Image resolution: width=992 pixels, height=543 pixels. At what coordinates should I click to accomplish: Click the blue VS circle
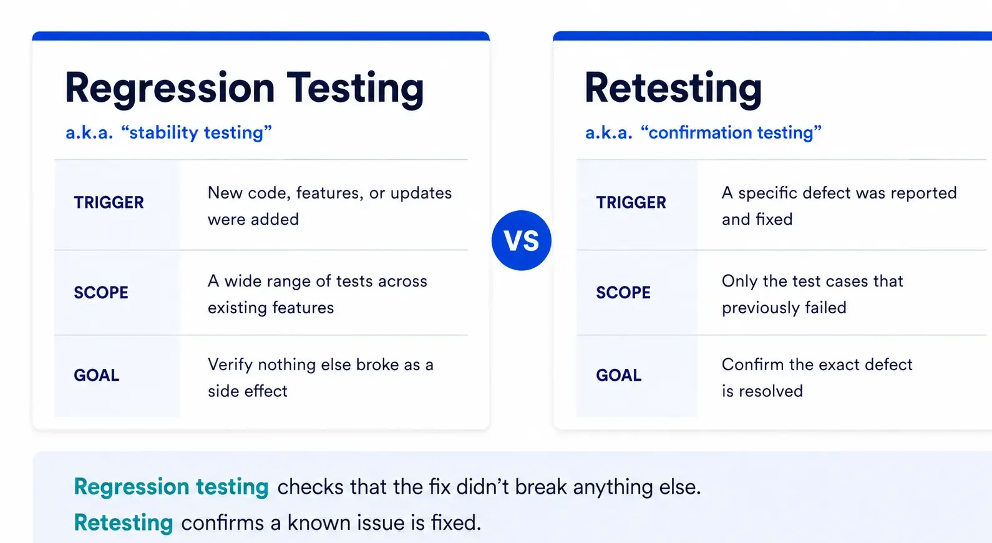pos(521,240)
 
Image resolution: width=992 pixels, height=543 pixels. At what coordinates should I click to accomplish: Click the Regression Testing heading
pos(245,89)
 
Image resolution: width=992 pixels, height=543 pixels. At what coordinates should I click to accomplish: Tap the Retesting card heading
pos(673,89)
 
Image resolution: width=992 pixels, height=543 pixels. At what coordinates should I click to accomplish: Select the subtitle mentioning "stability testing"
pos(168,132)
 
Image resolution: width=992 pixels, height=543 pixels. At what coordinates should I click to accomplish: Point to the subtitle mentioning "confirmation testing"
pos(703,132)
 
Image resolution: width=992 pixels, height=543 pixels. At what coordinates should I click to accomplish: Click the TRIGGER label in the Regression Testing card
pos(109,202)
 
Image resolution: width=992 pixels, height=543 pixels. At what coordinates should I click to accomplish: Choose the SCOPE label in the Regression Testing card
pos(101,292)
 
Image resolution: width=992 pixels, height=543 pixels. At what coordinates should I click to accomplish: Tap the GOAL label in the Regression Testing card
pos(97,375)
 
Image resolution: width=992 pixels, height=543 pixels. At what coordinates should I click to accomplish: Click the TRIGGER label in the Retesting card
pos(631,202)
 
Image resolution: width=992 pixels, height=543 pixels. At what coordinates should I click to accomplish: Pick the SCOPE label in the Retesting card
pos(623,292)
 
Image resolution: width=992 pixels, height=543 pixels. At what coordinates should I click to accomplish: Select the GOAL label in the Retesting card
pos(619,375)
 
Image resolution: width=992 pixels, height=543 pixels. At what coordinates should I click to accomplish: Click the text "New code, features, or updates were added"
pos(330,206)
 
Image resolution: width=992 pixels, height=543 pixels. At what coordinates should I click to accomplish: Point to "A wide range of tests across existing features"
pos(318,294)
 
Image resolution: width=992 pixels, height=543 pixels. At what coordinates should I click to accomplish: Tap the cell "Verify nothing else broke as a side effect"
pos(321,378)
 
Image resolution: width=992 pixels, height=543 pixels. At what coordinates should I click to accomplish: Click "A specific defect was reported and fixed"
pos(839,206)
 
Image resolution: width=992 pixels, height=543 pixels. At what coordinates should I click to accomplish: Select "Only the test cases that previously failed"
pos(812,294)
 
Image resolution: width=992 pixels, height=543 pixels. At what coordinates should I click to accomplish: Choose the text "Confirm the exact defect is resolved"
pos(817,378)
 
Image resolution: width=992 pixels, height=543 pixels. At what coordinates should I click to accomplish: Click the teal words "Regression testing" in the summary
pos(171,487)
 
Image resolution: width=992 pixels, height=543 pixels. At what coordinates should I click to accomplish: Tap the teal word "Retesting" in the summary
pos(123,523)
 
